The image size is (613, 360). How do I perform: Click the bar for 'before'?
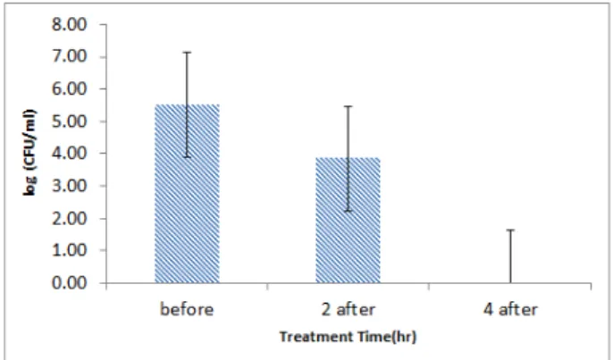187,194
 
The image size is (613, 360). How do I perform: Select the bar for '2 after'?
348,220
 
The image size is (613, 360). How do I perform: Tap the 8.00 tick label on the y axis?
69,25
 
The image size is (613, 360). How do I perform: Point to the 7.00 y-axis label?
69,57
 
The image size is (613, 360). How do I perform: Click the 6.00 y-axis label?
69,89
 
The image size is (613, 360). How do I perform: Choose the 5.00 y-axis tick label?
69,121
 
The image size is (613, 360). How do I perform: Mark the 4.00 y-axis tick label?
69,154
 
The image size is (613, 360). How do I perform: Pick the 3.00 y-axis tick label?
69,186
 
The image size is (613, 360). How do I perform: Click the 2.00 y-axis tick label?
69,218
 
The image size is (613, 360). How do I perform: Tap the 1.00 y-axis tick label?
69,250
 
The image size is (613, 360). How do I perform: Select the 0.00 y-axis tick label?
69,282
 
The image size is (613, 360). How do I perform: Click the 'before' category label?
187,309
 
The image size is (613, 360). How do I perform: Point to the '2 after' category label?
348,309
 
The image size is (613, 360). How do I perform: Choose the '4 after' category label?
509,309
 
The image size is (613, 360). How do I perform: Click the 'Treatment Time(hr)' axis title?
348,336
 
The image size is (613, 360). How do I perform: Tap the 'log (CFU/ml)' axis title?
30,153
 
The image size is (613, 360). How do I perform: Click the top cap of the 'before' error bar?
188,52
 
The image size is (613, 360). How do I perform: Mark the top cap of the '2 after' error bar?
348,106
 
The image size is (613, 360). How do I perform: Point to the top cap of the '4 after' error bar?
510,230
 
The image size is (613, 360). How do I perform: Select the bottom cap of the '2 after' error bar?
348,211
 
